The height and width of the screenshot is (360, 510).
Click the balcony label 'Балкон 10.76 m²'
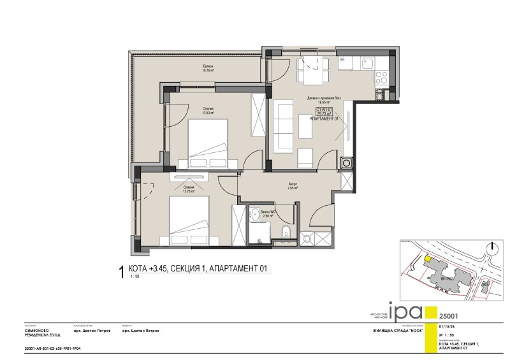[x=208, y=69]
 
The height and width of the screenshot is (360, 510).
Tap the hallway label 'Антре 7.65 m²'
[x=293, y=186]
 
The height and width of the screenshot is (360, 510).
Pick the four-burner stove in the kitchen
[x=382, y=77]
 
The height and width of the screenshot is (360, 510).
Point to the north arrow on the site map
[x=492, y=250]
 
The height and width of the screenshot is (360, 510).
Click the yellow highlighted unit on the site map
[x=426, y=259]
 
